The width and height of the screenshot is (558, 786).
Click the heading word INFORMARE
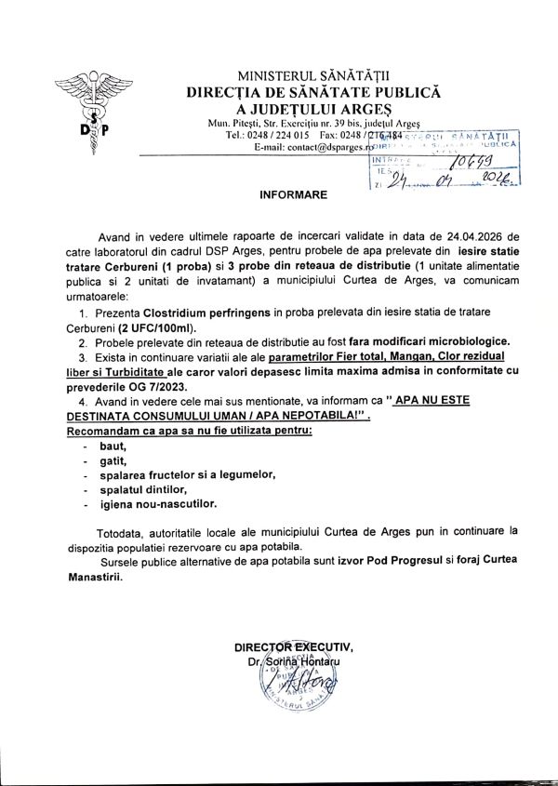click(290, 197)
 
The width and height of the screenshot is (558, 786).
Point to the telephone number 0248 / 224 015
click(276, 135)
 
